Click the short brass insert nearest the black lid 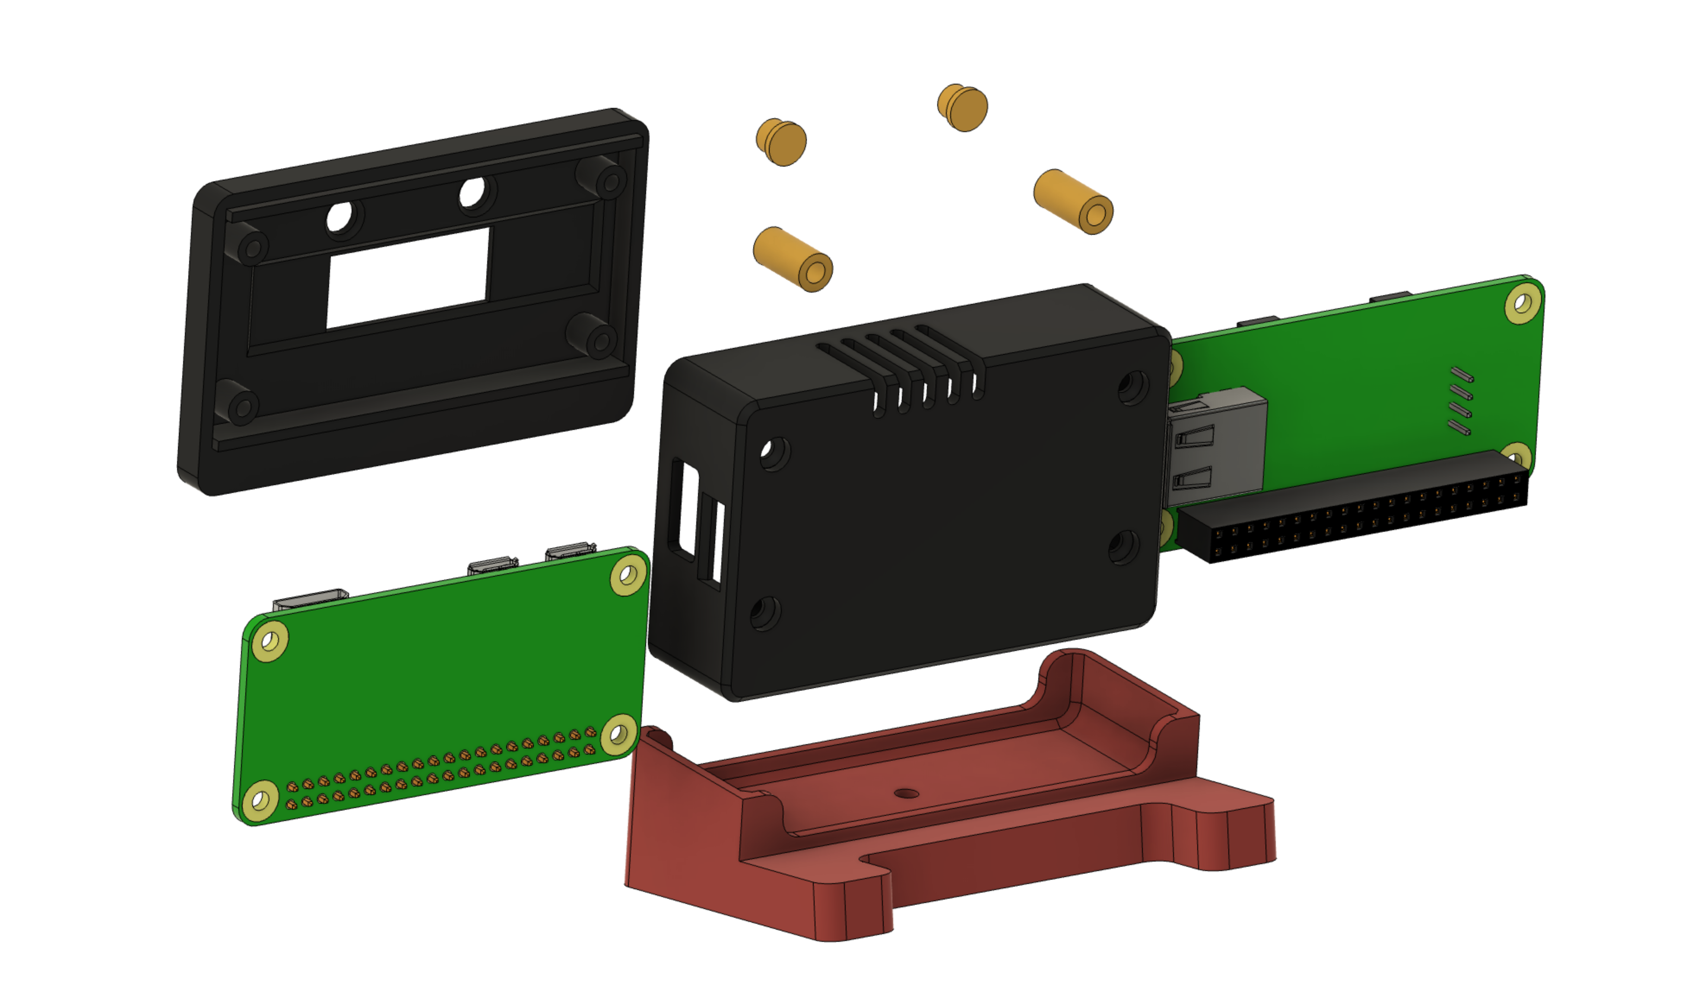click(x=782, y=142)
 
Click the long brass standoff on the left click(x=793, y=259)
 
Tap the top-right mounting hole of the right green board click(x=1522, y=303)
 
